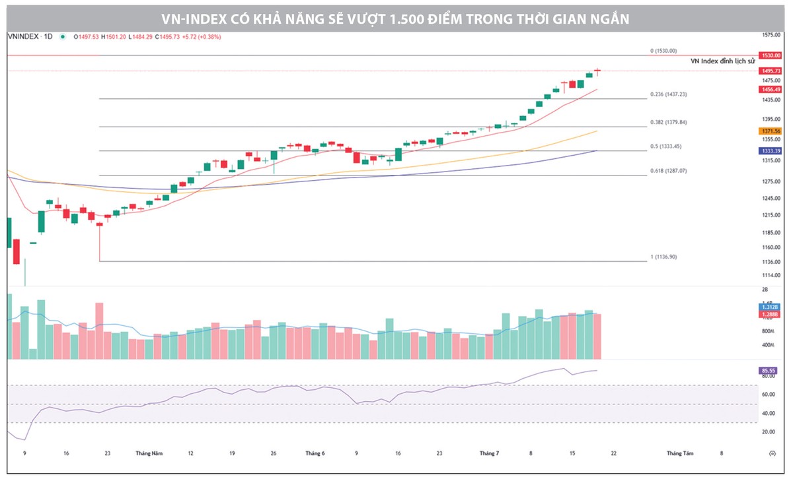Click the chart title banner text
pyautogui.click(x=397, y=19)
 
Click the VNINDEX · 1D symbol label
pyautogui.click(x=30, y=37)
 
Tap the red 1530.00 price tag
pyautogui.click(x=771, y=55)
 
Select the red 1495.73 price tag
pyautogui.click(x=771, y=71)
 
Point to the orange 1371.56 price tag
pyautogui.click(x=771, y=131)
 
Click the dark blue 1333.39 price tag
pyautogui.click(x=771, y=151)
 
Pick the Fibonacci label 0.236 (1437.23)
pyautogui.click(x=668, y=94)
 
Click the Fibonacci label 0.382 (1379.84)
pyautogui.click(x=668, y=122)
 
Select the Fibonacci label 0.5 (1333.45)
pyautogui.click(x=666, y=146)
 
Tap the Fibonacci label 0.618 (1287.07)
pyautogui.click(x=668, y=171)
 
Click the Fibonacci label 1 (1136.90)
pyautogui.click(x=663, y=257)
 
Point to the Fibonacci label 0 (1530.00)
pyautogui.click(x=663, y=51)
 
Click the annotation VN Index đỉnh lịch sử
pyautogui.click(x=722, y=61)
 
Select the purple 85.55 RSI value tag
pyautogui.click(x=769, y=370)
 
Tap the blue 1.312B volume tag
pyautogui.click(x=769, y=307)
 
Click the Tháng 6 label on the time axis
pyautogui.click(x=315, y=453)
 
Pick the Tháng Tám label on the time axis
pyautogui.click(x=679, y=453)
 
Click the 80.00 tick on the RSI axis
pyautogui.click(x=768, y=376)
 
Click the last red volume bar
pyautogui.click(x=597, y=336)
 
